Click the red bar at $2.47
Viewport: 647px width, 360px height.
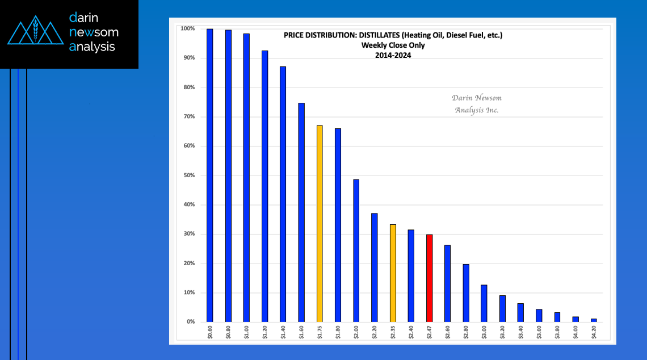pos(429,278)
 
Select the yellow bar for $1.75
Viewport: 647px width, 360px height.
pos(320,224)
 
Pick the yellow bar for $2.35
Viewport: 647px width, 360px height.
pos(393,273)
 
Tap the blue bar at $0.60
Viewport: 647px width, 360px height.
pos(209,175)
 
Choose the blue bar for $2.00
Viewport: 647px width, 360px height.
pos(356,250)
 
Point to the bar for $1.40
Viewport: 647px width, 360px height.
pos(283,194)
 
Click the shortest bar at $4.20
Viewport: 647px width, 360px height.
pos(594,320)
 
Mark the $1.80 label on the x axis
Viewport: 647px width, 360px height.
pos(338,333)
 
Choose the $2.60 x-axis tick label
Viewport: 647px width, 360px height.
pos(448,333)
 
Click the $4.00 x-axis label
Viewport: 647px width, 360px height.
pos(575,333)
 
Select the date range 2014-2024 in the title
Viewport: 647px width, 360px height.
pos(393,55)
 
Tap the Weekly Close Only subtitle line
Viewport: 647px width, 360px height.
pos(393,45)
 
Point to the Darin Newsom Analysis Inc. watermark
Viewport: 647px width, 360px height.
pos(477,104)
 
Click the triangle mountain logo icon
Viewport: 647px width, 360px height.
pos(35,33)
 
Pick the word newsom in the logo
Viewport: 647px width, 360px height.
pos(94,32)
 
